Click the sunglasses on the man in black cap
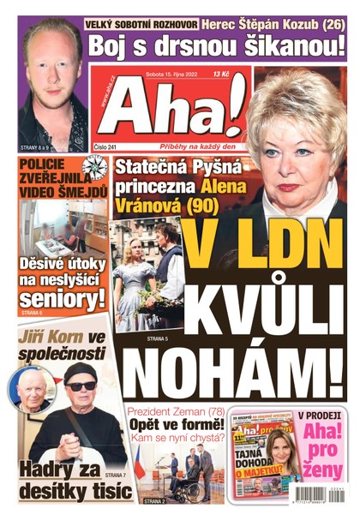click(x=82, y=386)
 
